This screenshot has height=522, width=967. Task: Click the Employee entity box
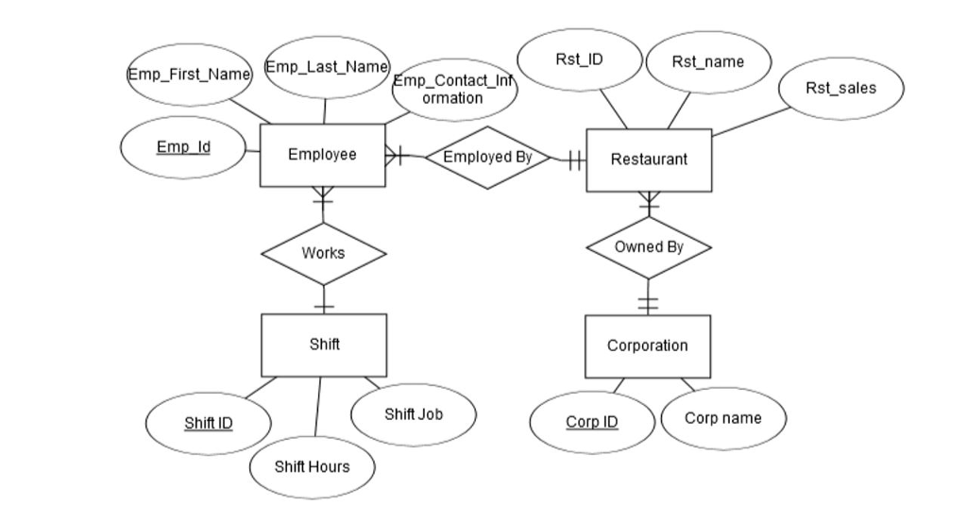pos(322,155)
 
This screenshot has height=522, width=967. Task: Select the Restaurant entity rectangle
pos(649,160)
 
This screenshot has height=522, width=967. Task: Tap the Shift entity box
pos(324,345)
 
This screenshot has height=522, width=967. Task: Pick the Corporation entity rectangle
pos(648,345)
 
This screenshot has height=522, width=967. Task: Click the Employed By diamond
pos(487,157)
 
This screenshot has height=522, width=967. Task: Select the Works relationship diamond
pos(323,253)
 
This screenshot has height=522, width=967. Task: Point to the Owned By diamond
pos(649,247)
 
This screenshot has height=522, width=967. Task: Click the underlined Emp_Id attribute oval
pos(183,147)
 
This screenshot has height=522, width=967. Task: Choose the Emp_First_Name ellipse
pos(189,74)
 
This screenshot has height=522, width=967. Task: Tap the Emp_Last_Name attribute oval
pos(327,66)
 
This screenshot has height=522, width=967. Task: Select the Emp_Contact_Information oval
pos(452,90)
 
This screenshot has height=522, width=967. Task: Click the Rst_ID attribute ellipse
pos(579,59)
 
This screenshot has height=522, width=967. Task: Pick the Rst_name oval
pos(707,62)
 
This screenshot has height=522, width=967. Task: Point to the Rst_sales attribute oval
pos(840,88)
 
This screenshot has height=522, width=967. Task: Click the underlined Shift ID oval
pos(209,423)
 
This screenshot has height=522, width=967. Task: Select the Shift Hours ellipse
pos(312,466)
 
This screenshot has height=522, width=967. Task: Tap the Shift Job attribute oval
pos(414,414)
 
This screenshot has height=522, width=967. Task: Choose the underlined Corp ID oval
pos(592,422)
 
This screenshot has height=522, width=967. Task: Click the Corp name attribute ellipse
pos(722,418)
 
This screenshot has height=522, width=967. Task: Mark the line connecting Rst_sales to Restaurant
pos(751,121)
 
